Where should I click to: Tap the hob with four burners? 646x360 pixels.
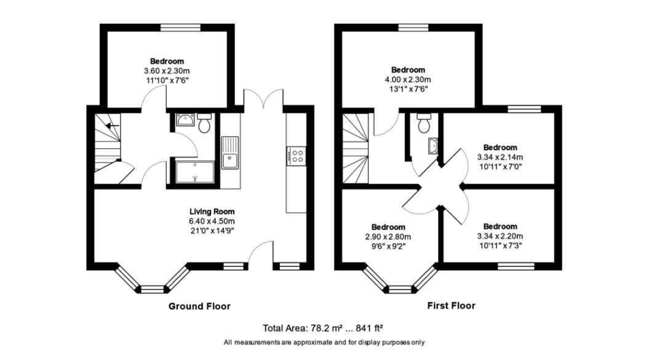(297, 155)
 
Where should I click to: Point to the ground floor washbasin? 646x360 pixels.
(184, 121)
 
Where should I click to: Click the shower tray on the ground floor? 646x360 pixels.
(195, 172)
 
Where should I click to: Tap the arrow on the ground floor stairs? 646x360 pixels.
(111, 126)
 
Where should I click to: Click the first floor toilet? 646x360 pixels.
(423, 124)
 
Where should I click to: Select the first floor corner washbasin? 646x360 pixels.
(433, 146)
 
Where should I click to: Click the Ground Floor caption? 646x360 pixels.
(199, 306)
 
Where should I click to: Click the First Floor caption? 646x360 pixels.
(451, 306)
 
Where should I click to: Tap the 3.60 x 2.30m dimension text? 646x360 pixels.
(167, 71)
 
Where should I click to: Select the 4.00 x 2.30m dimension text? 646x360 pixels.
(408, 79)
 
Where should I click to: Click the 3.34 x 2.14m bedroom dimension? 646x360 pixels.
(500, 157)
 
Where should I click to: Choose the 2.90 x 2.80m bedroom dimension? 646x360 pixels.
(388, 236)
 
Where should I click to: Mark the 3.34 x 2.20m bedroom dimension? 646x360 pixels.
(500, 236)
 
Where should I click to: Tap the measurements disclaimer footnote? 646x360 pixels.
(324, 342)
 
